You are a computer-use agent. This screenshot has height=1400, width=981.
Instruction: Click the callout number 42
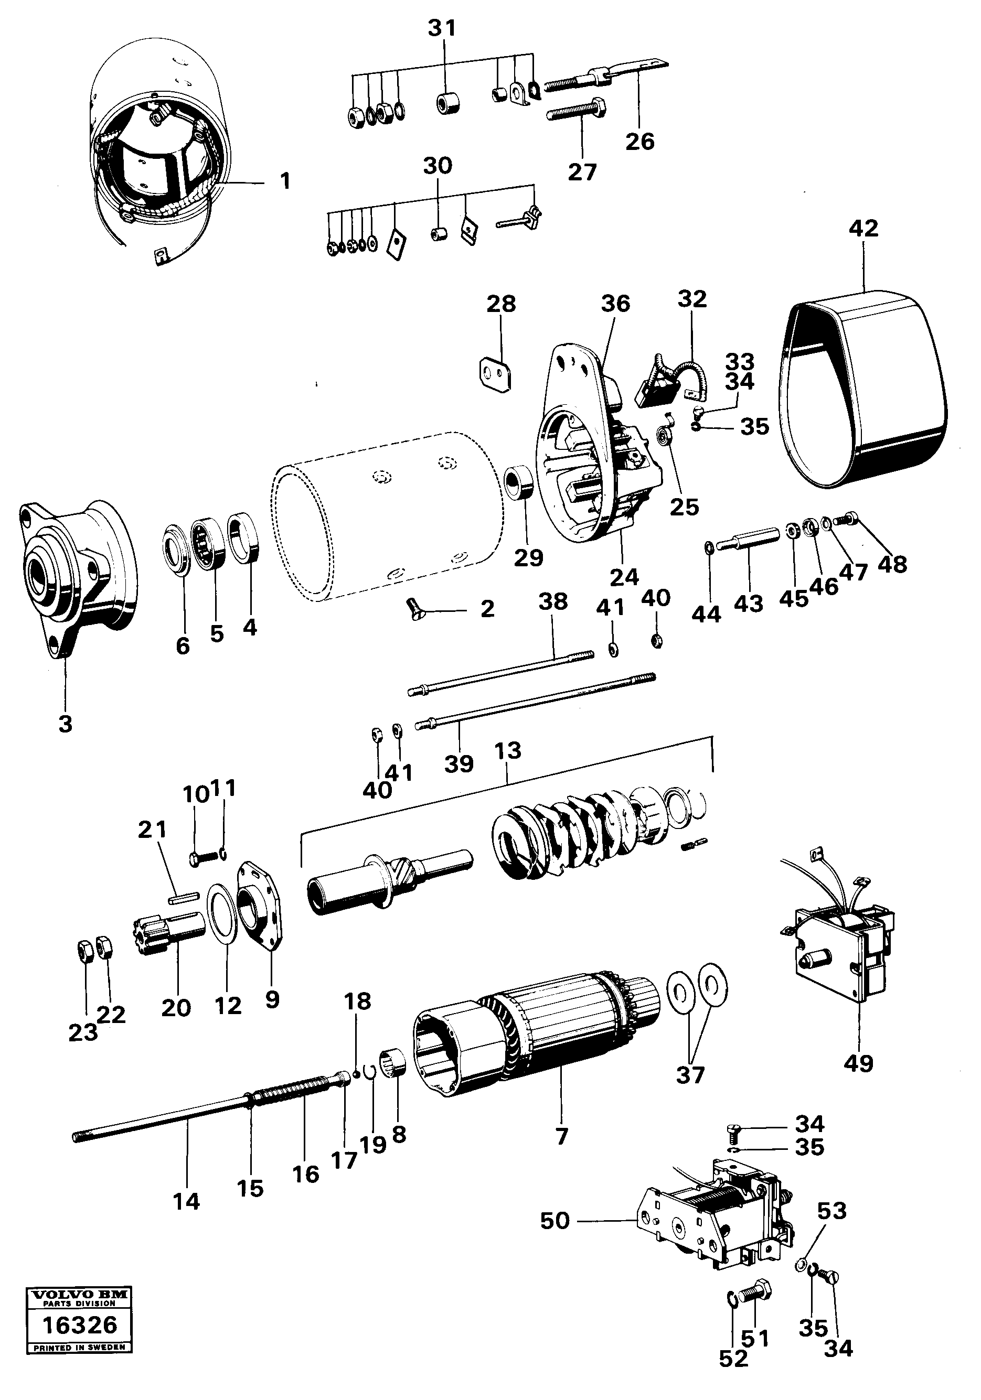pos(863,228)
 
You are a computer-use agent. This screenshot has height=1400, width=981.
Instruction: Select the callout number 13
pos(508,750)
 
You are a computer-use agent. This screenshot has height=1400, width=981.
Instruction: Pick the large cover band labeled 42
pos(866,390)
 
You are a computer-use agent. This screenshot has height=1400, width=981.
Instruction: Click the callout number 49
pos(858,1064)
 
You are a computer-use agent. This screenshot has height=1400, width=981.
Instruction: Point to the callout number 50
pos(555,1221)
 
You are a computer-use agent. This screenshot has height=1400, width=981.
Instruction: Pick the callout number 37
pos(690,1075)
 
